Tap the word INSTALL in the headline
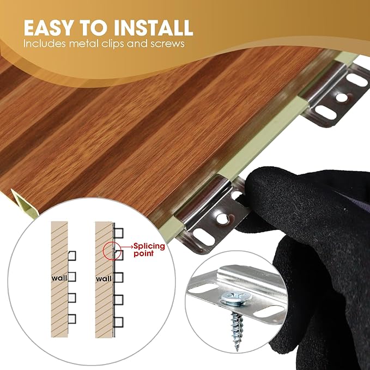pos(153,28)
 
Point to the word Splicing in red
pos(149,246)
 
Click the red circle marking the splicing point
pos(103,251)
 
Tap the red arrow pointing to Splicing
pos(126,247)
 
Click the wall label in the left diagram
pos(59,278)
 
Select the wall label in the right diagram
pos(104,279)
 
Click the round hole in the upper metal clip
pos(342,97)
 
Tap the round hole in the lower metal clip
pos(222,219)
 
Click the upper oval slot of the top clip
pos(357,80)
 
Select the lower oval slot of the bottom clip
pos(204,237)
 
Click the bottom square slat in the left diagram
pos(72,319)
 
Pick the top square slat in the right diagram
pos(119,233)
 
